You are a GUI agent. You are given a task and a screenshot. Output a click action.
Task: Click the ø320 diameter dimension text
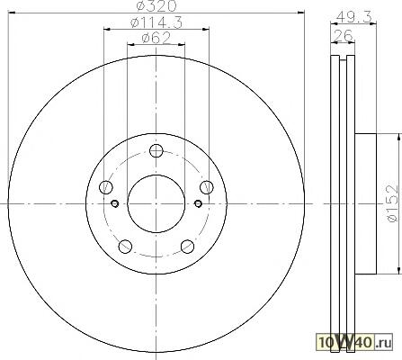pos(156,6)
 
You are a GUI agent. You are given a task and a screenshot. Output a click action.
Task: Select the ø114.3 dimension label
pos(156,22)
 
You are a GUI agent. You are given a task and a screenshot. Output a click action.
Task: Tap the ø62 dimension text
pos(156,38)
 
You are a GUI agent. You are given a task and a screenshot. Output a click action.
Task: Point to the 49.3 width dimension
pos(353,16)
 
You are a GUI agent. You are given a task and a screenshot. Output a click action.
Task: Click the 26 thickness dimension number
pos(343,36)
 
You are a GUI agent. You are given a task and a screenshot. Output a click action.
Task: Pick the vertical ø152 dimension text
pos(392,204)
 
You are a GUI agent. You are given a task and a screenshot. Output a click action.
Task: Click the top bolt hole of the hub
pos(156,151)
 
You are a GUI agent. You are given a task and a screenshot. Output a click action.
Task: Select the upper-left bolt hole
pos(105,187)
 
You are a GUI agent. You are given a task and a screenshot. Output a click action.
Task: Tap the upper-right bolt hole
pos(207,187)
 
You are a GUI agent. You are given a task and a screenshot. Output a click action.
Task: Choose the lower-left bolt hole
pos(125,247)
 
